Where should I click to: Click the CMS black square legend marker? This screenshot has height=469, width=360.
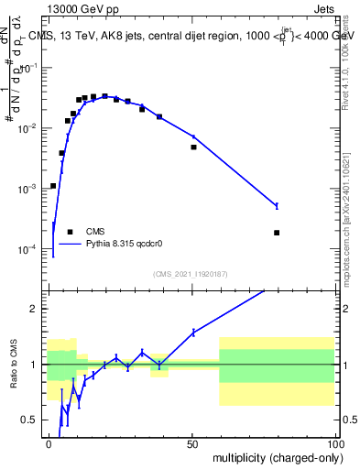tap(71, 232)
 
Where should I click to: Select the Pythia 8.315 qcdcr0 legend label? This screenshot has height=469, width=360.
tap(125, 244)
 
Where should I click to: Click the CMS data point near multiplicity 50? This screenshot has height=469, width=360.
tap(193, 147)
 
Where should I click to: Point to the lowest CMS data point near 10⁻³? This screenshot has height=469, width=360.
tap(53, 186)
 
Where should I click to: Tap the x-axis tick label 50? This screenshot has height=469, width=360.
tap(191, 442)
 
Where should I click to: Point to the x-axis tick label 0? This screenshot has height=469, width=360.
tap(49, 442)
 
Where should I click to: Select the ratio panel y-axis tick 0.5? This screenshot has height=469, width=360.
tap(29, 420)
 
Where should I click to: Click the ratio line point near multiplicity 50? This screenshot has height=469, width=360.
tap(193, 333)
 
